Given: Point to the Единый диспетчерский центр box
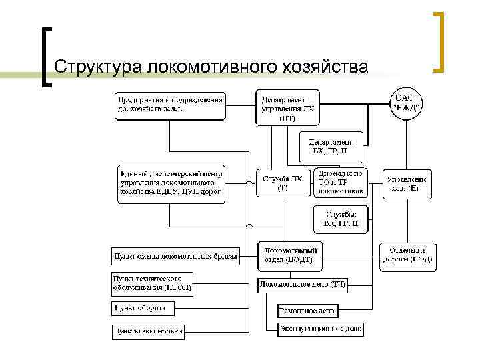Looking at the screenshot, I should [172, 184].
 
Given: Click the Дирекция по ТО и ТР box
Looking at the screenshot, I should [341, 182].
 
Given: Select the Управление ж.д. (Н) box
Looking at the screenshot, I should [407, 184].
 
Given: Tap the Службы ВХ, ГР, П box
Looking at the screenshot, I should [340, 219].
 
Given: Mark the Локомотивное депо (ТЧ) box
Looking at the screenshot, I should [303, 285].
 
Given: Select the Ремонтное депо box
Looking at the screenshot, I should [307, 311].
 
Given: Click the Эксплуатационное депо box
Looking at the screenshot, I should [321, 329].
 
